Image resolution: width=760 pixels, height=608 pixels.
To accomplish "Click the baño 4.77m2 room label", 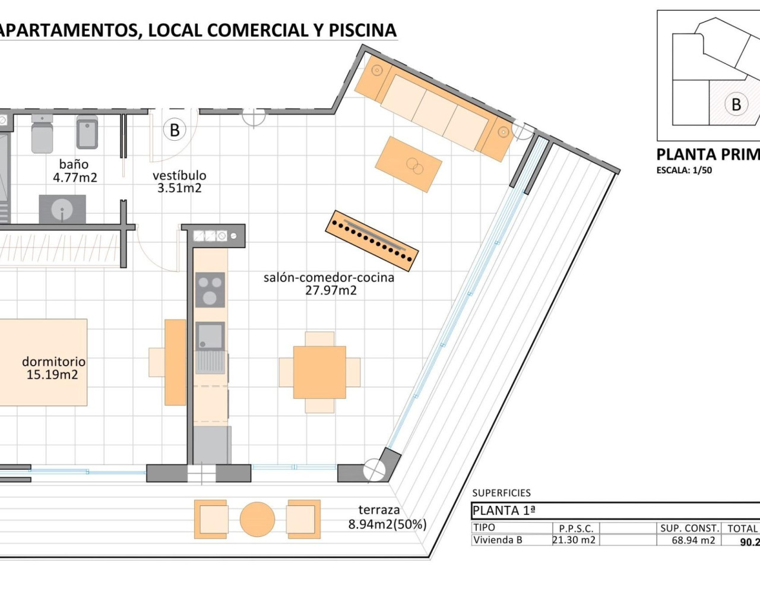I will (74, 170).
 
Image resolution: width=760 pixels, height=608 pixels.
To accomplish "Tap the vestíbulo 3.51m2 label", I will (179, 182).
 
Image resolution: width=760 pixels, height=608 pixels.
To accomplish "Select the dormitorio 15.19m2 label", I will (53, 368).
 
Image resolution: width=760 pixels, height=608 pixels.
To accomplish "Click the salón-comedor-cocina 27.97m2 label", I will (329, 283).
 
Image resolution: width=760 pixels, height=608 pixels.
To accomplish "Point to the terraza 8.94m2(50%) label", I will (387, 517).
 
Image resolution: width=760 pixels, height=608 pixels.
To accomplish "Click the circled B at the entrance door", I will (175, 129).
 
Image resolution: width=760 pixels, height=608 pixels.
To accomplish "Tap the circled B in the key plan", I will (736, 104).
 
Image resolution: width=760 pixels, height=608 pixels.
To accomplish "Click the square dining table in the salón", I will (319, 372).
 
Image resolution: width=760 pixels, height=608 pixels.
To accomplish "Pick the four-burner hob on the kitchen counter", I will (210, 290).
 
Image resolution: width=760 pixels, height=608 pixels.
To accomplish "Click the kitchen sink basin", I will (210, 335).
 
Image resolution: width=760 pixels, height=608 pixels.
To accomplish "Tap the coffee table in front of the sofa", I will (408, 164).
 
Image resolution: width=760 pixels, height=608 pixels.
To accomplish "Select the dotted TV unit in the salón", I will (372, 240).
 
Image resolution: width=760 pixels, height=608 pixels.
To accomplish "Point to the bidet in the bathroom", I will (87, 132).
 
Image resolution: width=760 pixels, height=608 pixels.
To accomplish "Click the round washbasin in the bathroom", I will (62, 209).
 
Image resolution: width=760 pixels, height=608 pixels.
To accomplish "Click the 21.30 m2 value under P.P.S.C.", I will (574, 540).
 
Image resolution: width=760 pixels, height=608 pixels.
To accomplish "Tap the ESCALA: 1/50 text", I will (684, 170).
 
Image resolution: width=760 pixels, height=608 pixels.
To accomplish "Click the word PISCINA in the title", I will (362, 30).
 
